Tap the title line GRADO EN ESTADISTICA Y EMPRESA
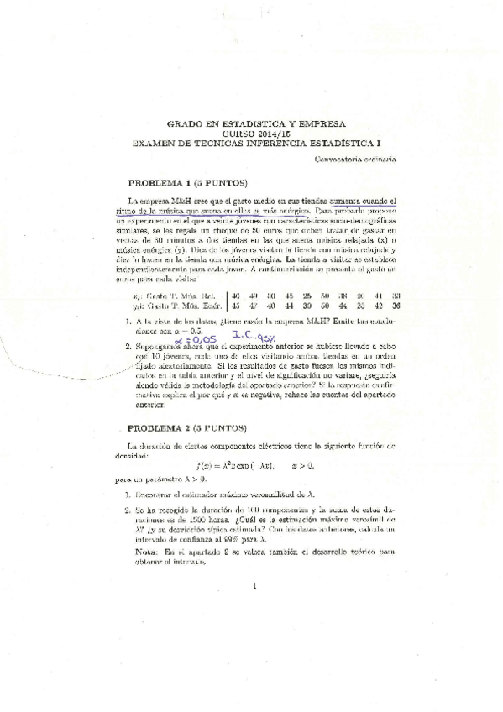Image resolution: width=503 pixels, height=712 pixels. coord(251,123)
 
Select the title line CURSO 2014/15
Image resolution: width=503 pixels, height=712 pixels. coord(251,133)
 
